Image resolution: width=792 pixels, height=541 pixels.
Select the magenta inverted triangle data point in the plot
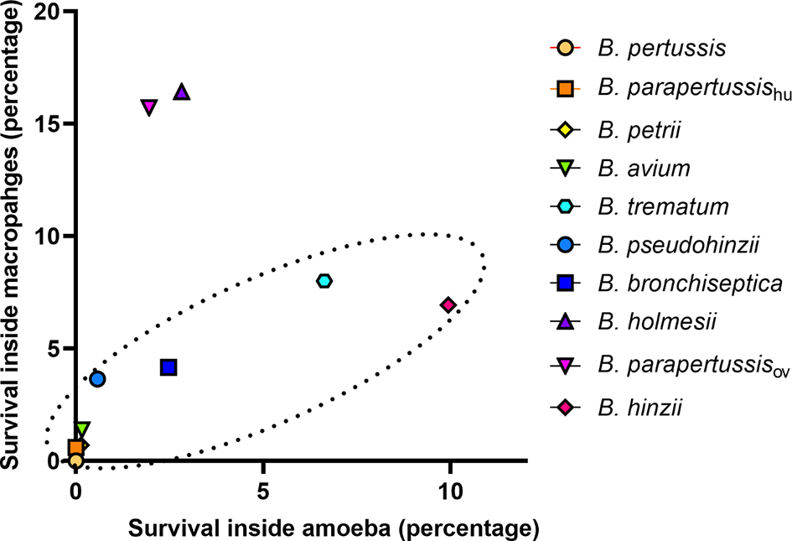tap(149, 107)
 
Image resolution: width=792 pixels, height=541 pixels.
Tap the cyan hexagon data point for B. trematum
tap(324, 280)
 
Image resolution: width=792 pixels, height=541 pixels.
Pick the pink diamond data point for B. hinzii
tap(448, 304)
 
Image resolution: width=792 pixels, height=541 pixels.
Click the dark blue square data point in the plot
tap(168, 367)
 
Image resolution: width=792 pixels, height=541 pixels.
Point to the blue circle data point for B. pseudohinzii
tap(97, 379)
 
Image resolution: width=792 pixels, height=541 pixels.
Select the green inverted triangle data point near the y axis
tap(81, 429)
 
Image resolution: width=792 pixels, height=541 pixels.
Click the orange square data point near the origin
tap(75, 448)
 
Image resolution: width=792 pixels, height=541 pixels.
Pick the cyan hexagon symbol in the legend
tap(566, 206)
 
